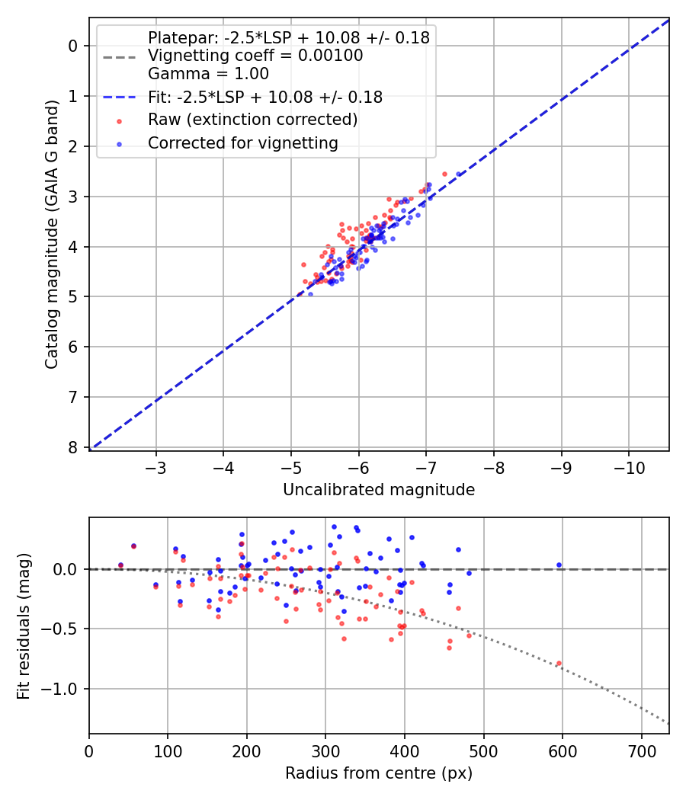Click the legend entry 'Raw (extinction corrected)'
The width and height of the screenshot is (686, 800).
[252, 120]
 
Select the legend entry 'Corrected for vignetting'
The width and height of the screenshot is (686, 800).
[242, 142]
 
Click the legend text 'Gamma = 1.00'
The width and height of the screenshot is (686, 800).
[208, 74]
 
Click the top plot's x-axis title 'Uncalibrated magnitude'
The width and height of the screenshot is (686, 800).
[379, 490]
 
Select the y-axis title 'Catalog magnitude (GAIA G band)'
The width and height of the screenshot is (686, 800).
[52, 245]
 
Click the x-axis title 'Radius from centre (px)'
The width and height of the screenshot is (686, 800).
[379, 773]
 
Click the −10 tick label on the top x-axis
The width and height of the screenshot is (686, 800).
[629, 466]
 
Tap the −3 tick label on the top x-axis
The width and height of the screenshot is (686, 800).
[156, 466]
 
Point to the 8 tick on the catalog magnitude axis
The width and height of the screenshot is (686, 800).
[73, 447]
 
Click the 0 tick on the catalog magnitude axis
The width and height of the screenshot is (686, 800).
[73, 46]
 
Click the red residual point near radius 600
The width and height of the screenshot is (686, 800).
[559, 664]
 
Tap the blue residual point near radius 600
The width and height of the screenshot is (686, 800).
[559, 565]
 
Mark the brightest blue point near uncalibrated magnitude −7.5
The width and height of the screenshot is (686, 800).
[459, 174]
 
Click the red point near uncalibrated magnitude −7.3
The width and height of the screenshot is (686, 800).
[444, 174]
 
